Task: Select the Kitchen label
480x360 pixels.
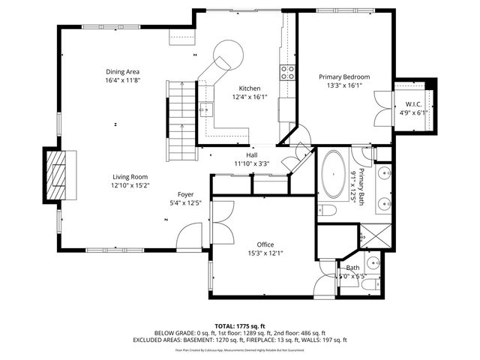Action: [x=250, y=88]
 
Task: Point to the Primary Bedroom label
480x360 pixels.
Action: [x=344, y=76]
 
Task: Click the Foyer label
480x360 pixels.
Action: [x=186, y=193]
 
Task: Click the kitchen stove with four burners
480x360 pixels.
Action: [x=287, y=72]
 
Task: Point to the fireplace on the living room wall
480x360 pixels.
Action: [x=56, y=175]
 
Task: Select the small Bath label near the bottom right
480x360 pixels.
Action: [x=352, y=267]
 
